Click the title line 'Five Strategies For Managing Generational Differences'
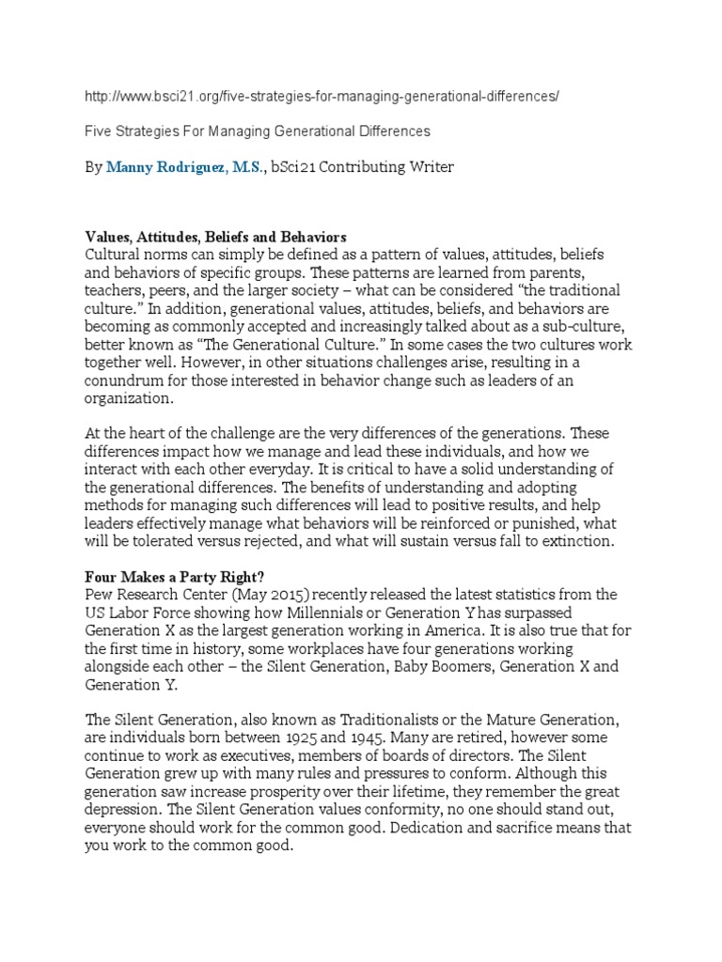tap(258, 132)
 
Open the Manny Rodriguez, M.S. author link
tap(186, 167)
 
